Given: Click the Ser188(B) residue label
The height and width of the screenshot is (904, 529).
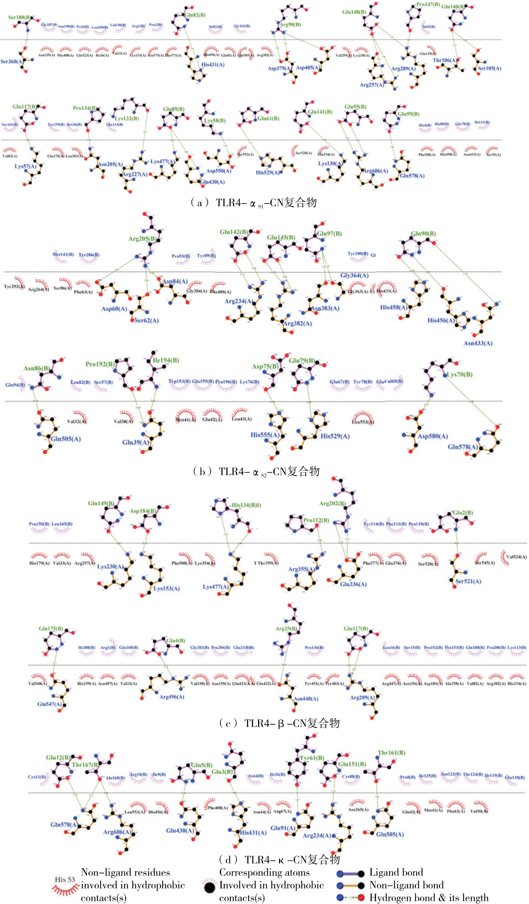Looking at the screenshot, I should pos(19,17).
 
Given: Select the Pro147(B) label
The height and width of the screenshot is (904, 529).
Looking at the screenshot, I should pos(428,5).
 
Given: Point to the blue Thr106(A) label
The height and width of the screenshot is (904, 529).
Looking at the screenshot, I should pos(445,60).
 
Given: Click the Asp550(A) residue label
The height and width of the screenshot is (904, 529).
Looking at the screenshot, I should pos(218,171).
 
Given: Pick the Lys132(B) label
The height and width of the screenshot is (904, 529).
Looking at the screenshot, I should pos(127,118).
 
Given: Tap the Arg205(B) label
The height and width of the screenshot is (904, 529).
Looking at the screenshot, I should pos(142,239).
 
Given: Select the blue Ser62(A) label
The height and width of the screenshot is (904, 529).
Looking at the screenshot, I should pos(146,320).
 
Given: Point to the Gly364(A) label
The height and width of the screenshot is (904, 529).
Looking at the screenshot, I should pos(354,275).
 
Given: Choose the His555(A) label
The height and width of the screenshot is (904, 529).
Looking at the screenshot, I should pos(265,435).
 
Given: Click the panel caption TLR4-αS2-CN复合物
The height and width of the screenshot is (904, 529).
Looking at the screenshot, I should pos(256,471).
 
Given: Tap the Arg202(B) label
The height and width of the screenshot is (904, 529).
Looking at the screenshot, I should pos(332,503).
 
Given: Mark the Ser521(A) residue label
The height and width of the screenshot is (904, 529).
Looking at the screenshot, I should pos(468,581).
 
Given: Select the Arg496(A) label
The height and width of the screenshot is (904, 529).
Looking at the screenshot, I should pos(172,697).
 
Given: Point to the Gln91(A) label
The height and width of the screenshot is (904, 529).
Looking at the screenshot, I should pos(283,828).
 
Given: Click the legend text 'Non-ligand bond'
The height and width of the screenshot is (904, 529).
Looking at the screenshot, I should pos(406,885).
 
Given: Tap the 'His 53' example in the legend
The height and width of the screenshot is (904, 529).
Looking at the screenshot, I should pos(65,880).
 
